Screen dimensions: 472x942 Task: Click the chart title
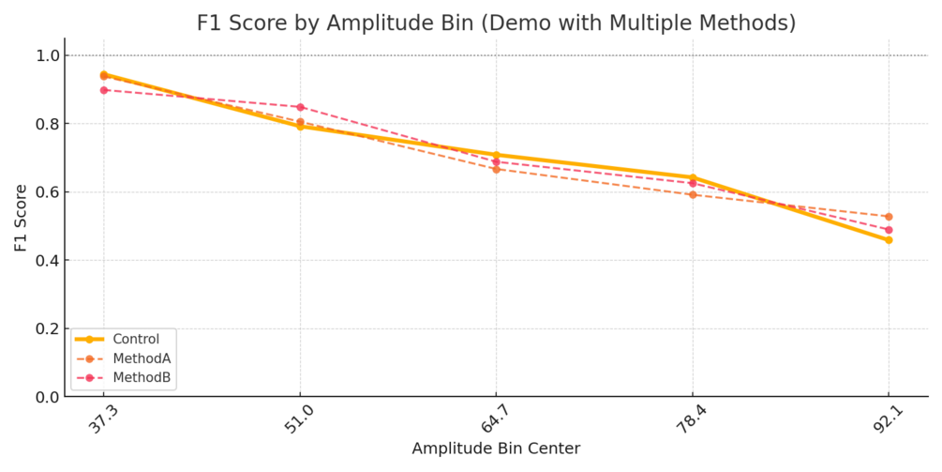pyautogui.click(x=496, y=23)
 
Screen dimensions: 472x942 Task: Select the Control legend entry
pyautogui.click(x=136, y=339)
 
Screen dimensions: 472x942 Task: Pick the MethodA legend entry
pyautogui.click(x=142, y=358)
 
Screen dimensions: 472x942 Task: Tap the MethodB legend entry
pyautogui.click(x=142, y=377)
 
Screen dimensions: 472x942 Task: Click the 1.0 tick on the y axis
pyautogui.click(x=46, y=56)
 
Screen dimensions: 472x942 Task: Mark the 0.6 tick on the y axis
pyautogui.click(x=46, y=192)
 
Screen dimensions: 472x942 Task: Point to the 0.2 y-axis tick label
pyautogui.click(x=46, y=329)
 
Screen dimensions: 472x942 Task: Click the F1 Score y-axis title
pyautogui.click(x=21, y=218)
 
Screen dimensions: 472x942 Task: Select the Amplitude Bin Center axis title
pyautogui.click(x=496, y=449)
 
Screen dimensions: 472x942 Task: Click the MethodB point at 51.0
pyautogui.click(x=300, y=107)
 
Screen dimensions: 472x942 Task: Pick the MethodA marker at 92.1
pyautogui.click(x=889, y=217)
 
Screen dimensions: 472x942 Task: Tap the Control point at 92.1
pyautogui.click(x=889, y=240)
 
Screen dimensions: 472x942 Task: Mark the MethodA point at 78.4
pyautogui.click(x=693, y=194)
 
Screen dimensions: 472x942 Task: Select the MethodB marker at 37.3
pyautogui.click(x=104, y=90)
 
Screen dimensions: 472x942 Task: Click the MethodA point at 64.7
pyautogui.click(x=496, y=169)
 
